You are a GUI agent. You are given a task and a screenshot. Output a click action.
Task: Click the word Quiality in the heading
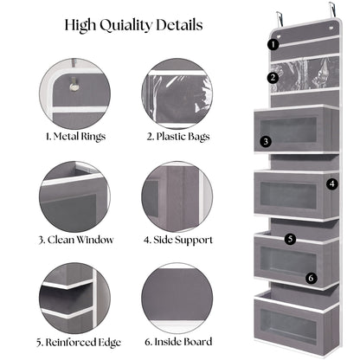pyautogui.click(x=125, y=25)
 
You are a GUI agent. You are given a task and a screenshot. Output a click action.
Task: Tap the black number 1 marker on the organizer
pyautogui.click(x=273, y=44)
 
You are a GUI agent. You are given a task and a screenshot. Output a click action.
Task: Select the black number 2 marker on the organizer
pyautogui.click(x=273, y=78)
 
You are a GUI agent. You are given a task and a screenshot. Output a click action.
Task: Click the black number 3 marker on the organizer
pyautogui.click(x=266, y=141)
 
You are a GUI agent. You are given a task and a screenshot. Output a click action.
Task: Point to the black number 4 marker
pyautogui.click(x=332, y=183)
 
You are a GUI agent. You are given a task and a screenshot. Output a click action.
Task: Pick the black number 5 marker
pyautogui.click(x=290, y=239)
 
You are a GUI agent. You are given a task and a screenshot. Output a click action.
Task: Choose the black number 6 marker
pyautogui.click(x=311, y=278)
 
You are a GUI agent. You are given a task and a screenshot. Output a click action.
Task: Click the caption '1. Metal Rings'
pyautogui.click(x=75, y=137)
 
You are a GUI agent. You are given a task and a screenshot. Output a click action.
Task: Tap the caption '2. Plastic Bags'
pyautogui.click(x=178, y=137)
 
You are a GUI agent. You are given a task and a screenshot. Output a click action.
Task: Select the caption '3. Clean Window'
pyautogui.click(x=75, y=240)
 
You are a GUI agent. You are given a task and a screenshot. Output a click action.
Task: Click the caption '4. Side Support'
pyautogui.click(x=178, y=240)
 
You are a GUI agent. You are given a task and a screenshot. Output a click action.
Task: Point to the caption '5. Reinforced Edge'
pyautogui.click(x=79, y=343)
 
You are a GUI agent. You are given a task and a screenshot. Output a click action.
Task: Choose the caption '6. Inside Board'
pyautogui.click(x=178, y=342)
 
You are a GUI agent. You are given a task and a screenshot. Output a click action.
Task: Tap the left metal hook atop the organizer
pyautogui.click(x=280, y=20)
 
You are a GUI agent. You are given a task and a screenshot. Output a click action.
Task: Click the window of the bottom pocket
pyautogui.click(x=288, y=327)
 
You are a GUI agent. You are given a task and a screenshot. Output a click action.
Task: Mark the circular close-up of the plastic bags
pyautogui.click(x=177, y=93)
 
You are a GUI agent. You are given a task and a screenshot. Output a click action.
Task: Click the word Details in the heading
pyautogui.click(x=179, y=25)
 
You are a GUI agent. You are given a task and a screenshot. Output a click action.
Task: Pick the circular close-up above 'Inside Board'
pyautogui.click(x=177, y=299)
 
